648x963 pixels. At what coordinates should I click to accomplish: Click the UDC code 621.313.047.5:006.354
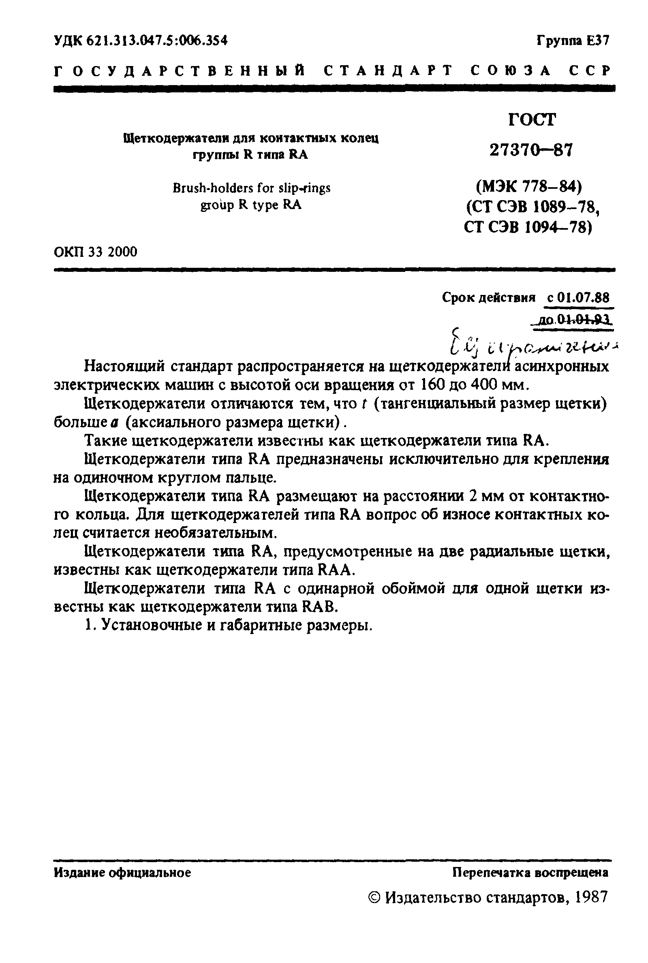pyautogui.click(x=141, y=41)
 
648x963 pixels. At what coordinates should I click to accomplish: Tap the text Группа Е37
pyautogui.click(x=572, y=41)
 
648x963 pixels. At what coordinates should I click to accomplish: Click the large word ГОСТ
pyautogui.click(x=532, y=120)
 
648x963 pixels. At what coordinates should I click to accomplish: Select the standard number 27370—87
pyautogui.click(x=532, y=150)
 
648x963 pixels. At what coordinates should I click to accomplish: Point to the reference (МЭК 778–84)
pyautogui.click(x=529, y=188)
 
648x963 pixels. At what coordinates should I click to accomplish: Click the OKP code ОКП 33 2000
pyautogui.click(x=96, y=252)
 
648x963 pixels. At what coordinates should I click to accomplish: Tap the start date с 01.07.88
pyautogui.click(x=578, y=297)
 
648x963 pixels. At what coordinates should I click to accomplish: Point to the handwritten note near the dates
pyautogui.click(x=533, y=343)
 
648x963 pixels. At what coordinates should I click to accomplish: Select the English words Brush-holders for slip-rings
pyautogui.click(x=251, y=188)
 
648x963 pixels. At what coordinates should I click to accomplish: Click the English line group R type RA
pyautogui.click(x=251, y=205)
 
